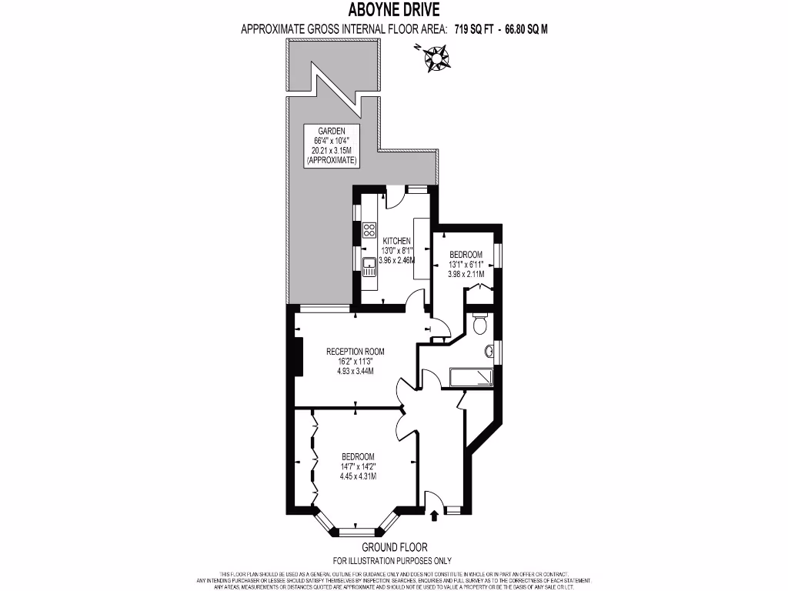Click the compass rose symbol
tap(438, 58)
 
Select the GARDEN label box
tap(332, 146)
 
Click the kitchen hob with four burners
tap(369, 229)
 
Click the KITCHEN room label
tap(397, 241)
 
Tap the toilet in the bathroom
tap(480, 324)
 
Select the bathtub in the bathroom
tap(469, 377)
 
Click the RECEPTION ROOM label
tap(355, 352)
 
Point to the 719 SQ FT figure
tap(475, 30)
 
